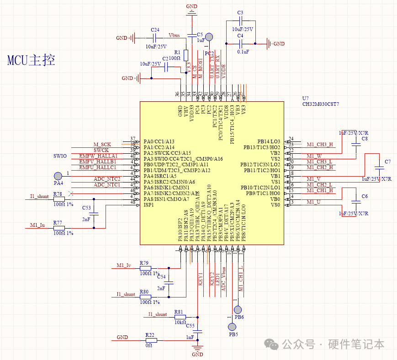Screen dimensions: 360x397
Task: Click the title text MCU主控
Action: click(32, 60)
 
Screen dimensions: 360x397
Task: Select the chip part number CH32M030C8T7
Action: click(321, 104)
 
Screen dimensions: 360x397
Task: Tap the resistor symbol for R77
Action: click(58, 228)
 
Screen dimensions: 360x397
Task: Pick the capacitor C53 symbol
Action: click(94, 214)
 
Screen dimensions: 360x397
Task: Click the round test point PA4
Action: click(58, 176)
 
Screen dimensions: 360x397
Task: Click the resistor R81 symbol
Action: click(179, 317)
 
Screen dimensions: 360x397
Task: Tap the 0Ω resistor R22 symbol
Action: click(151, 340)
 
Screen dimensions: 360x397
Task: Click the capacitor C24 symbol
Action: click(155, 38)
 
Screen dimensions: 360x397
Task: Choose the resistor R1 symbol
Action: click(186, 55)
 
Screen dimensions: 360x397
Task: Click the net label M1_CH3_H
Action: click(319, 145)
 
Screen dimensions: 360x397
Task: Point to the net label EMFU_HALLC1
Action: click(98, 167)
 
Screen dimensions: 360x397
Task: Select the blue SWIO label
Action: click(60, 156)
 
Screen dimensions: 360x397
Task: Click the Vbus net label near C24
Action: click(174, 35)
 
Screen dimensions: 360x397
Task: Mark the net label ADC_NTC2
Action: click(107, 179)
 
